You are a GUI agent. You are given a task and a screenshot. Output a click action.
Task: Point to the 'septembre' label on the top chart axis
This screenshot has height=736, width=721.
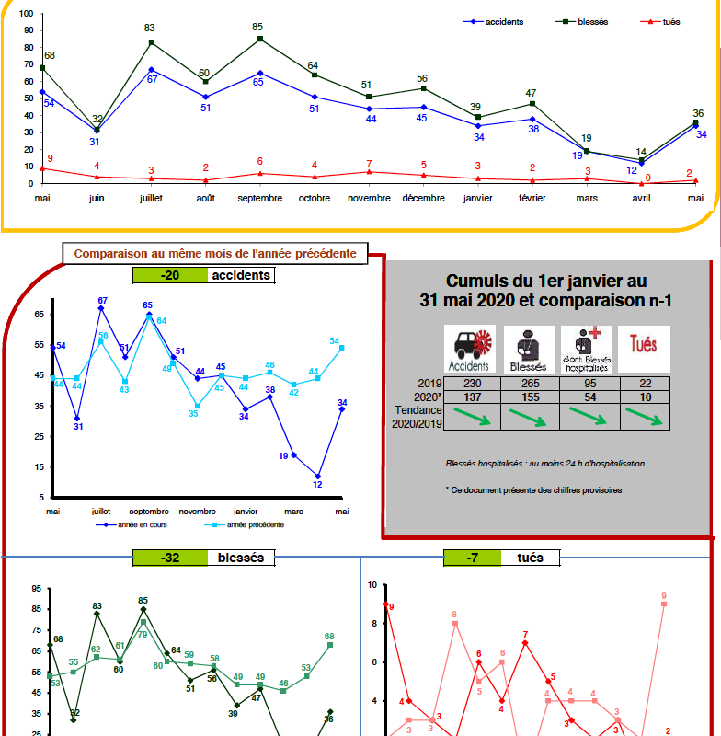pos(260,198)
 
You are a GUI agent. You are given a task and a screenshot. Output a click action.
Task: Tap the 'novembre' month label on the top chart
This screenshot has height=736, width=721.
pos(369,198)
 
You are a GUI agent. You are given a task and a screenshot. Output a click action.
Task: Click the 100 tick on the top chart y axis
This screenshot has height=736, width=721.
pos(26,15)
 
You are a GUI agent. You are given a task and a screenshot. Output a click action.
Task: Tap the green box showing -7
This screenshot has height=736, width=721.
pos(472,558)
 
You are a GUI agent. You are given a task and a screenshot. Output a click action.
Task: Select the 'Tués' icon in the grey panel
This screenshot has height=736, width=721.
pos(644,349)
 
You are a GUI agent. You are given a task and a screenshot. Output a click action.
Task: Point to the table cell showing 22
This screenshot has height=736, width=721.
pos(644,384)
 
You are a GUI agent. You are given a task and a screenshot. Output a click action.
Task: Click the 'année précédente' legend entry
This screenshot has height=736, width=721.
pos(248,524)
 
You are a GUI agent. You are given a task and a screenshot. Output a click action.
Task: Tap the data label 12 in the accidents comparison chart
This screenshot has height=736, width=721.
pos(317,485)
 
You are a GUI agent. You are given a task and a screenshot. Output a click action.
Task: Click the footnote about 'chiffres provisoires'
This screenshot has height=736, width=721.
pos(533,490)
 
